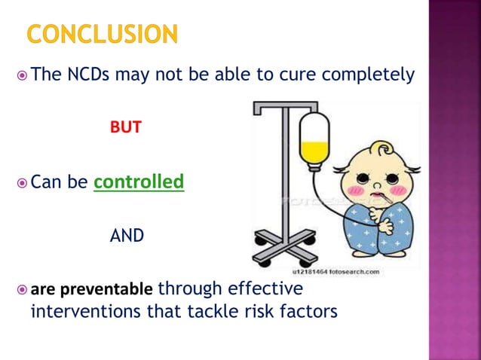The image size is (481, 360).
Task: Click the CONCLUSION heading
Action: [103, 35]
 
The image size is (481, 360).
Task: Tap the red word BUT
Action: [125, 127]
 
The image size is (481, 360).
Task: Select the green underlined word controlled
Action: [139, 182]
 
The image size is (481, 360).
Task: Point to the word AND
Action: [127, 236]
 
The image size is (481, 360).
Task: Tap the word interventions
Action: [89, 310]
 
